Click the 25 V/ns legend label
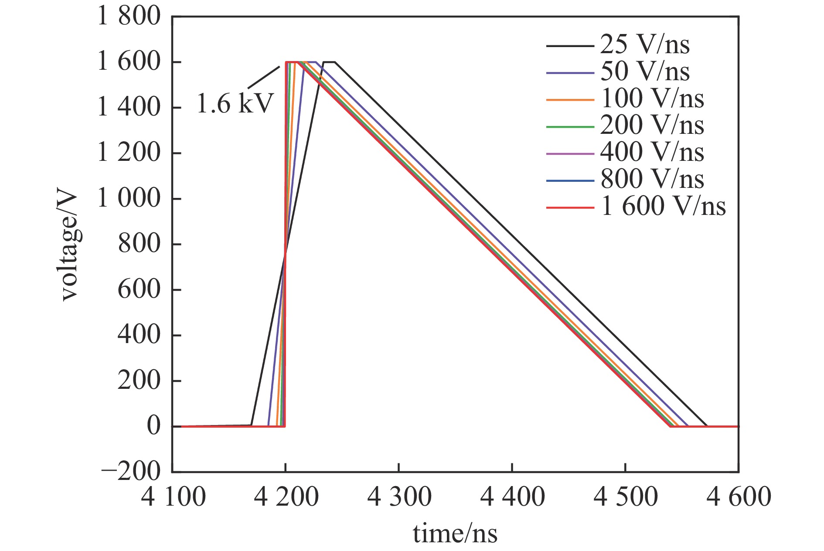click(x=645, y=44)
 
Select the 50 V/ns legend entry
click(x=645, y=71)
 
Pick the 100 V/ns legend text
click(x=652, y=99)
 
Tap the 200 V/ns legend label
click(x=652, y=126)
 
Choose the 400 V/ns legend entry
click(x=652, y=153)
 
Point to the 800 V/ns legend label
click(x=652, y=180)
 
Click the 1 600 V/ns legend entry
click(x=663, y=207)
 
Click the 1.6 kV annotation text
click(x=235, y=104)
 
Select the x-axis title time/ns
click(x=455, y=534)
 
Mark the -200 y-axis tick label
click(x=131, y=472)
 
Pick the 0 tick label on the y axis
click(x=153, y=426)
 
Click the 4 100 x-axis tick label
click(x=173, y=497)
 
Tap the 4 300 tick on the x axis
click(x=399, y=497)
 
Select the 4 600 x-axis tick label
click(x=739, y=497)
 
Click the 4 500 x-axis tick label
click(x=626, y=497)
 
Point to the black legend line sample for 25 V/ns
click(x=570, y=45)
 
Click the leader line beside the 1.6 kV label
click(x=263, y=77)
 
